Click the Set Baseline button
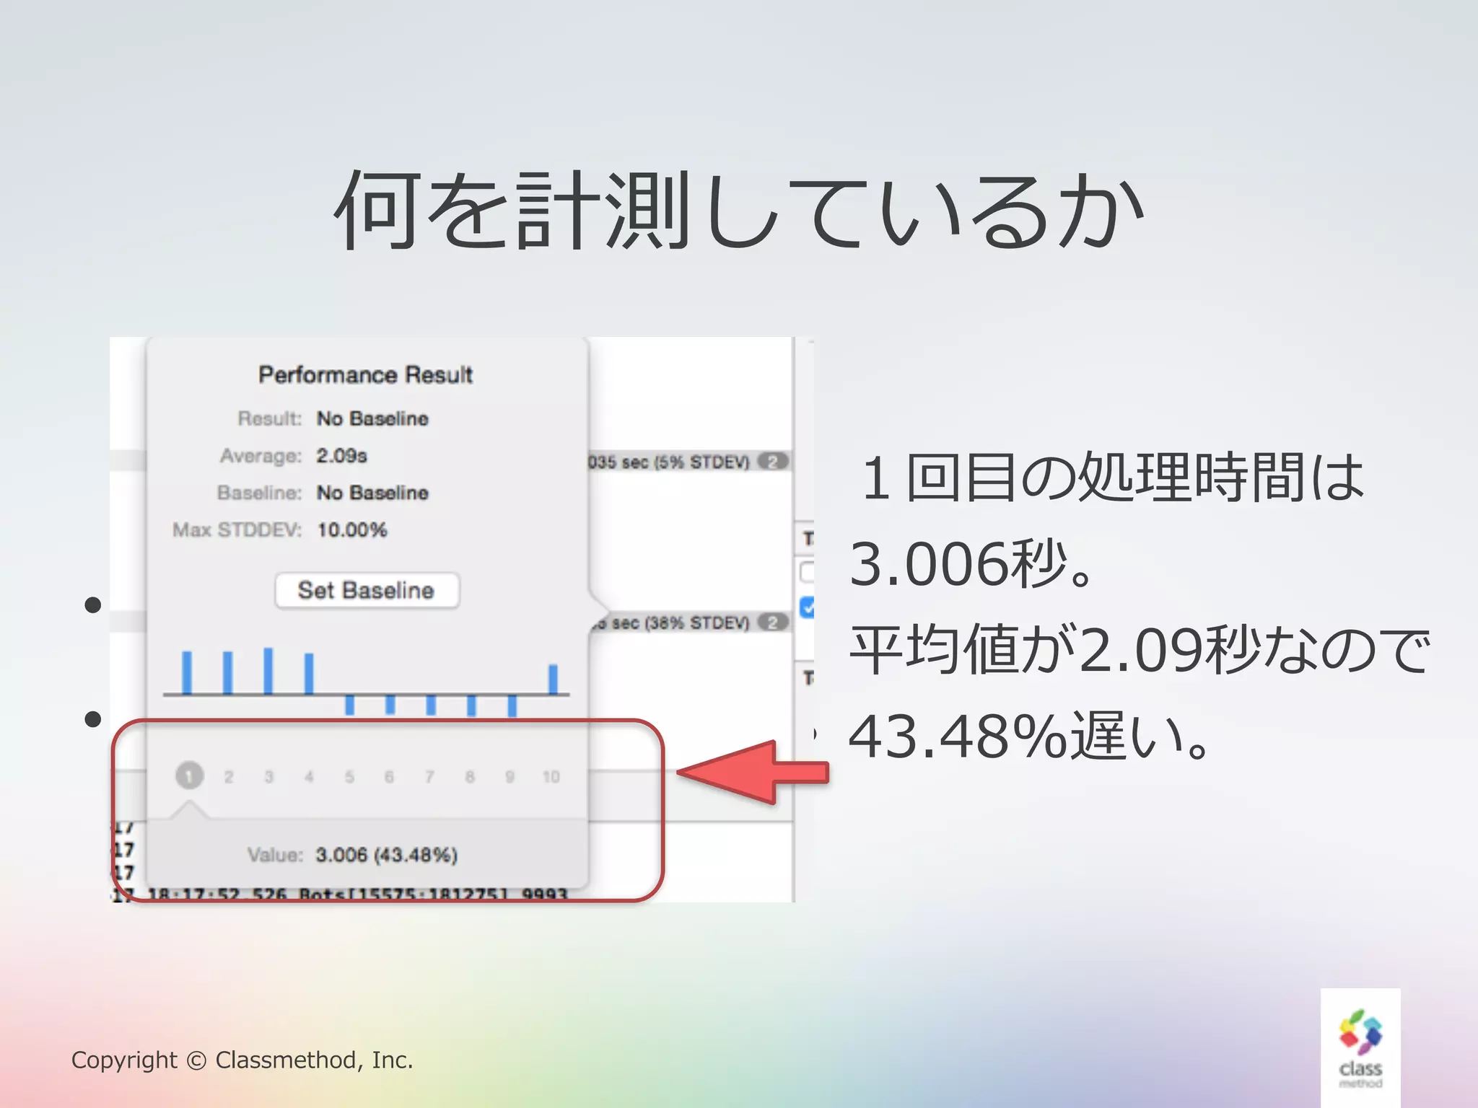367,591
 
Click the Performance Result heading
365,375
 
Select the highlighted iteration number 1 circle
189,776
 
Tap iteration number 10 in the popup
551,777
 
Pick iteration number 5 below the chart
349,777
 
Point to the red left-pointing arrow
751,773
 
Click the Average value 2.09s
341,456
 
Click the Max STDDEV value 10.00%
352,530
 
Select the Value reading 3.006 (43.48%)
387,856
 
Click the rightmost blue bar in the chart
553,679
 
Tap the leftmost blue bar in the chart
187,672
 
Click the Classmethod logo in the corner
1360,1047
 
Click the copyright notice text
242,1060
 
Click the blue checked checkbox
808,607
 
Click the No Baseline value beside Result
372,418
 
